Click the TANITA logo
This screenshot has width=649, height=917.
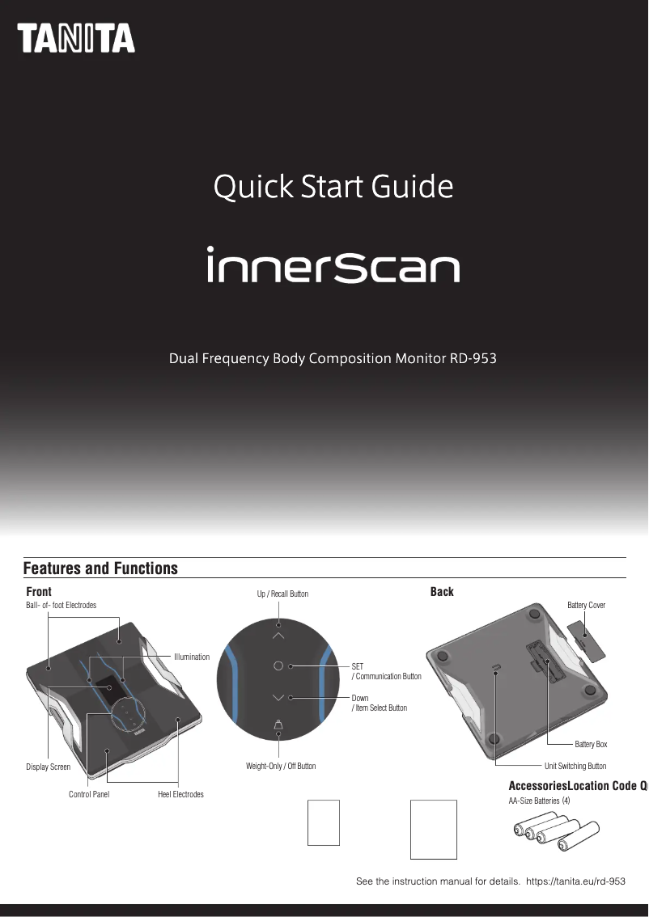pyautogui.click(x=77, y=39)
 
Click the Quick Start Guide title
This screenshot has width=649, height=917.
pyautogui.click(x=333, y=188)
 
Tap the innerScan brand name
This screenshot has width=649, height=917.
pyautogui.click(x=333, y=265)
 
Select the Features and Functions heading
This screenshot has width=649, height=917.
pyautogui.click(x=100, y=568)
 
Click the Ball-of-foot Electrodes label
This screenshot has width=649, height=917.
pyautogui.click(x=62, y=606)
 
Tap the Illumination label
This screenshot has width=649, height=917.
pyautogui.click(x=192, y=657)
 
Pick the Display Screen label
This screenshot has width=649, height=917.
pyautogui.click(x=48, y=767)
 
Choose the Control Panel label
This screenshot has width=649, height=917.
pyautogui.click(x=89, y=794)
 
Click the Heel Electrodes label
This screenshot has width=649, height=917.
pyautogui.click(x=180, y=794)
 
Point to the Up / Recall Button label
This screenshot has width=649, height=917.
pyautogui.click(x=282, y=594)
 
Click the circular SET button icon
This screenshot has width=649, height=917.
pyautogui.click(x=278, y=666)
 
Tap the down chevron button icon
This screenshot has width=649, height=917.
pyautogui.click(x=278, y=697)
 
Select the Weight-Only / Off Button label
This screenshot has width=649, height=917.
pyautogui.click(x=281, y=766)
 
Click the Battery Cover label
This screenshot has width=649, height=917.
pyautogui.click(x=586, y=606)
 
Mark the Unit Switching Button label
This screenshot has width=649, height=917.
pyautogui.click(x=575, y=766)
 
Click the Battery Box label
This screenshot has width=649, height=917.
pyautogui.click(x=591, y=744)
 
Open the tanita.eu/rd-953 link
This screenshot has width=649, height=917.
pyautogui.click(x=575, y=881)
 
